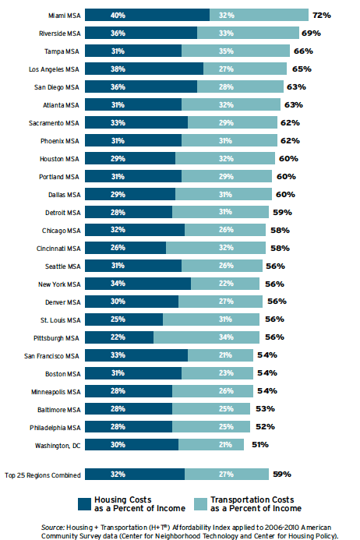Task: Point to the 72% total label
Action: [x=322, y=16]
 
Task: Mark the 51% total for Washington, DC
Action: [x=259, y=444]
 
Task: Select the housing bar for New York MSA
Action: [x=137, y=284]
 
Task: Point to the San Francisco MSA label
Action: [x=52, y=355]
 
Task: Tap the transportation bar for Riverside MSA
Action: [x=248, y=33]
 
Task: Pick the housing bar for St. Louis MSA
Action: [x=123, y=319]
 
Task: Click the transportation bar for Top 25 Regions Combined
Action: [x=227, y=474]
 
